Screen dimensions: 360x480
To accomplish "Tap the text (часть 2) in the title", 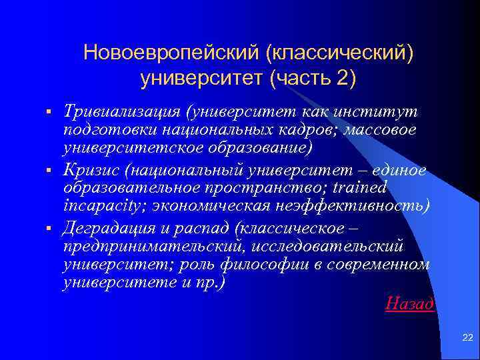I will pos(313,78).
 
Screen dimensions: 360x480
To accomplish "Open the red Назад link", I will pos(410,304).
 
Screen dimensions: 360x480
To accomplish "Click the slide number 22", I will pos(467,339).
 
